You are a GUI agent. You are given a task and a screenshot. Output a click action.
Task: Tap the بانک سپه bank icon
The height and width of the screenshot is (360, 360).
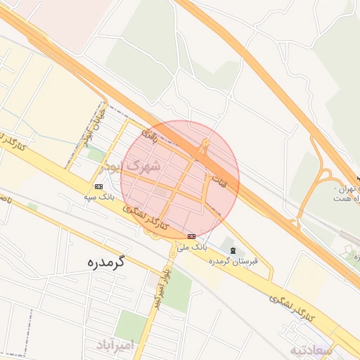click(98, 186)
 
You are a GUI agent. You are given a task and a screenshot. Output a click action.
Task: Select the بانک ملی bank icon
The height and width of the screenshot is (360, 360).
click(192, 236)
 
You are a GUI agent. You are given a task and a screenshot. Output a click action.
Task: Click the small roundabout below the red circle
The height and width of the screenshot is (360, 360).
click(172, 252)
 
